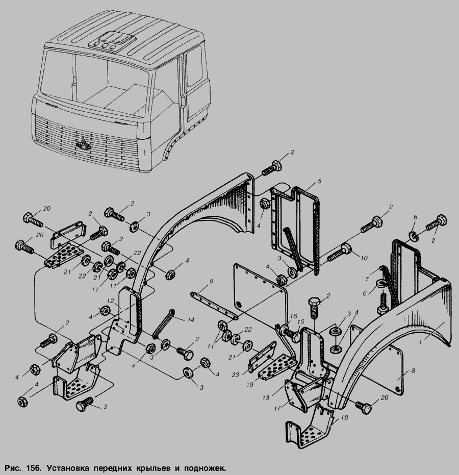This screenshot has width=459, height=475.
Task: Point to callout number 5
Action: [x=319, y=182]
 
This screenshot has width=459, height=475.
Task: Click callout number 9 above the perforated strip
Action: [x=211, y=282]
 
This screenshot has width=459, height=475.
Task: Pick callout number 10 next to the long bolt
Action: [x=364, y=258]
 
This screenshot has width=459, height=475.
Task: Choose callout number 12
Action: [x=110, y=301]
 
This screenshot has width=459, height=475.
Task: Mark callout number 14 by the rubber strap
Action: [x=191, y=320]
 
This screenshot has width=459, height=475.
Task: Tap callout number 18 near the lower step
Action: [x=345, y=418]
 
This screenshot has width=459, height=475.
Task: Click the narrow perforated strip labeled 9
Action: [x=214, y=305]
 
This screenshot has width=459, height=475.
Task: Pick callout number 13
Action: [x=266, y=398]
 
